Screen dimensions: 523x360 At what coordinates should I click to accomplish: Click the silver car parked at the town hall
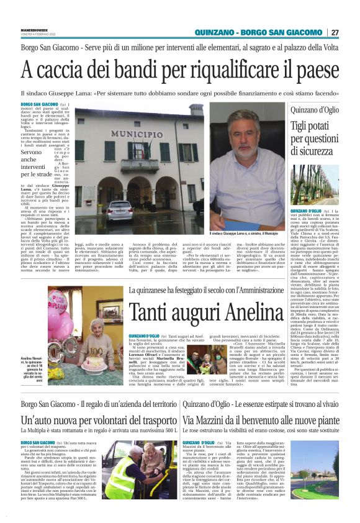119,211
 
